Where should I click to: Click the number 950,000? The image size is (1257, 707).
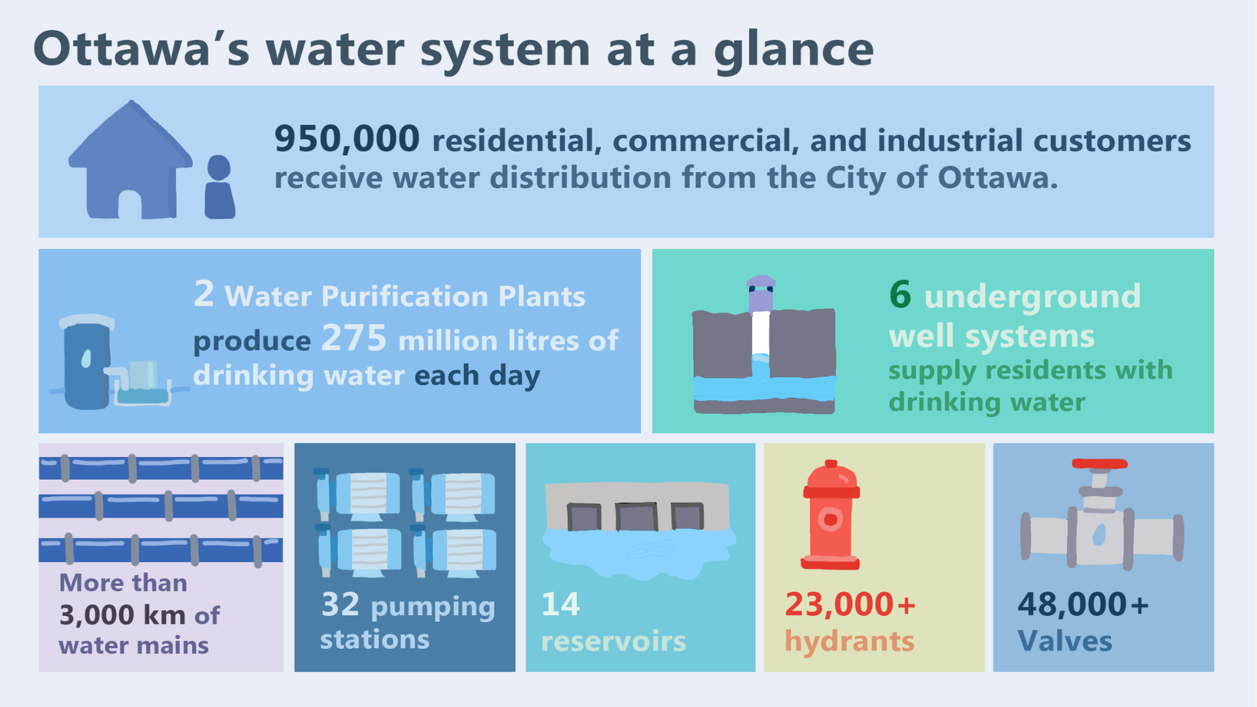click(347, 139)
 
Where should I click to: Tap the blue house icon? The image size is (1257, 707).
click(130, 160)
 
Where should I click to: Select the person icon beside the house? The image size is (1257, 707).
click(219, 187)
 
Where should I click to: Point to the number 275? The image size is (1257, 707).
click(354, 338)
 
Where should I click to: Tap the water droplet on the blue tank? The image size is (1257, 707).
click(86, 359)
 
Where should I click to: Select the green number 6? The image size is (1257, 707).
click(900, 294)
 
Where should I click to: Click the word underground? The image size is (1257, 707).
click(1032, 297)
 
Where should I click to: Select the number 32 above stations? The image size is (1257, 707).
click(340, 604)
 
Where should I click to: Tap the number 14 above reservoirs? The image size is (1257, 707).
click(560, 604)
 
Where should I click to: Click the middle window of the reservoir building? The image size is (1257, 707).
click(636, 517)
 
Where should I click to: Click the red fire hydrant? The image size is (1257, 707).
click(830, 515)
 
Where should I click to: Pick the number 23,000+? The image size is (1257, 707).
click(850, 604)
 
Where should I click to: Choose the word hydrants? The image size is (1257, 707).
click(850, 642)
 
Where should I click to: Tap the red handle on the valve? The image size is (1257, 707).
click(1100, 463)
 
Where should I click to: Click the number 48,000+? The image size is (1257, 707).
click(1083, 604)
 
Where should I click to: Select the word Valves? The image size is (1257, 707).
click(1065, 641)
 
